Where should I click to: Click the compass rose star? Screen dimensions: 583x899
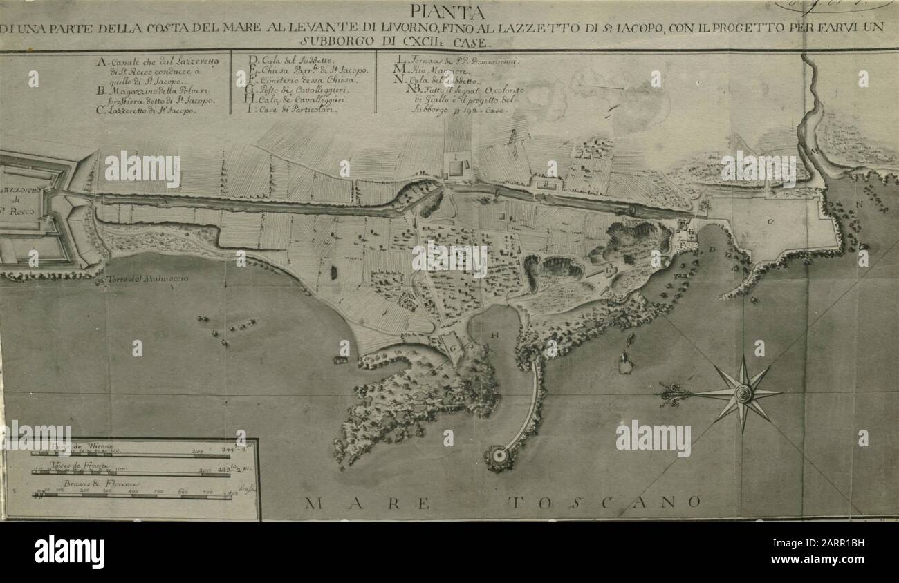point(743,394)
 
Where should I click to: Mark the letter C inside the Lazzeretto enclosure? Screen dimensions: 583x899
point(770,221)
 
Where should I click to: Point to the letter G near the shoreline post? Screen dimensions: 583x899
point(453,349)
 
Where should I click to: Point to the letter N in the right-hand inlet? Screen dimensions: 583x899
point(860,204)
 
